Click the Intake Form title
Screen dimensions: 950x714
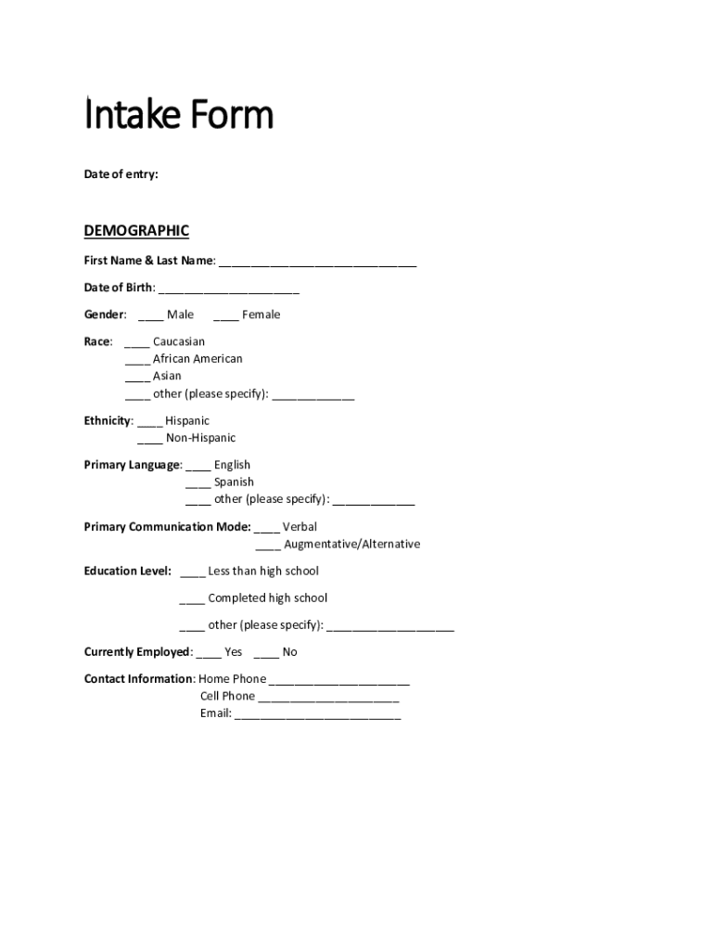point(179,116)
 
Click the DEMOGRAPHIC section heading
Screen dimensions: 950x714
point(136,230)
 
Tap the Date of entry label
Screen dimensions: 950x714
point(121,173)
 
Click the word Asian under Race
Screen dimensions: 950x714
point(167,376)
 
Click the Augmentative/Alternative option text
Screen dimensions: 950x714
point(351,544)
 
